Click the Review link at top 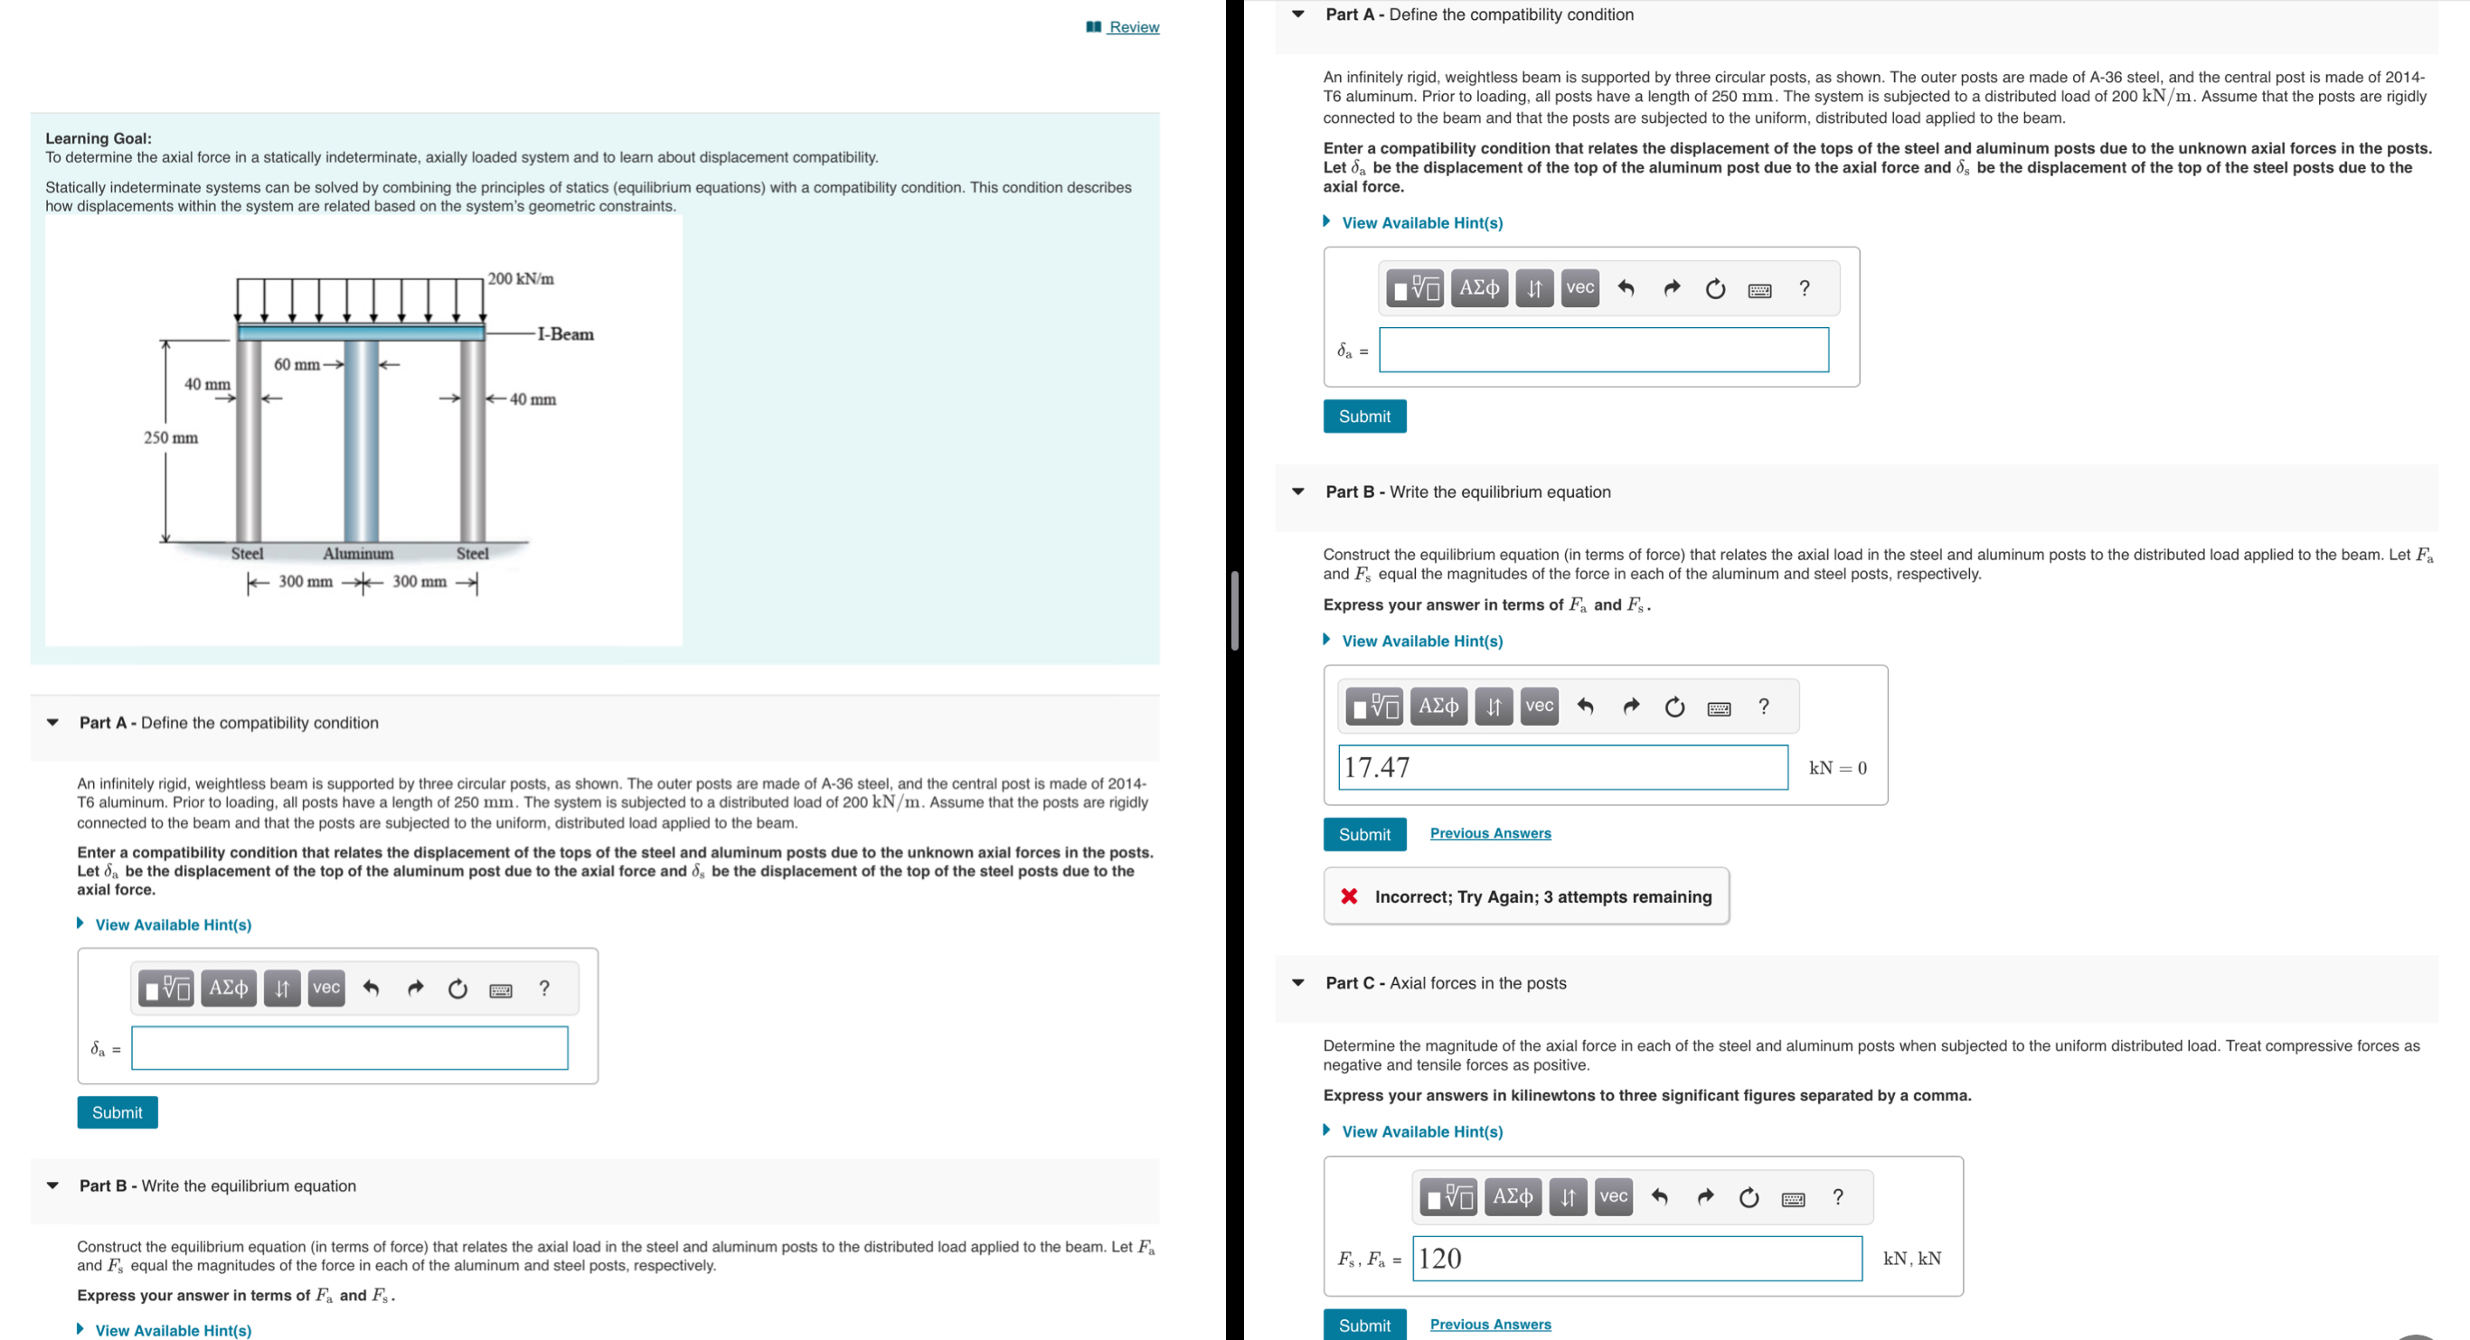1133,27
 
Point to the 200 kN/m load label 520,279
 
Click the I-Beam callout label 565,334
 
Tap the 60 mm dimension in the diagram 297,364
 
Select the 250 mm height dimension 171,438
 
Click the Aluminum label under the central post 358,554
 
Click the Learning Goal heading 98,138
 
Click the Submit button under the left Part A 117,1112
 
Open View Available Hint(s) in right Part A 1421,222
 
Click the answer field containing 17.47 1562,767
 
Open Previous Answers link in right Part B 1489,833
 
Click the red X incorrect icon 1348,896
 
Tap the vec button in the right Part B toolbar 1538,707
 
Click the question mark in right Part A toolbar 1804,288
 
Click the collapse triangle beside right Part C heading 1297,982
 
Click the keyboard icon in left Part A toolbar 500,990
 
